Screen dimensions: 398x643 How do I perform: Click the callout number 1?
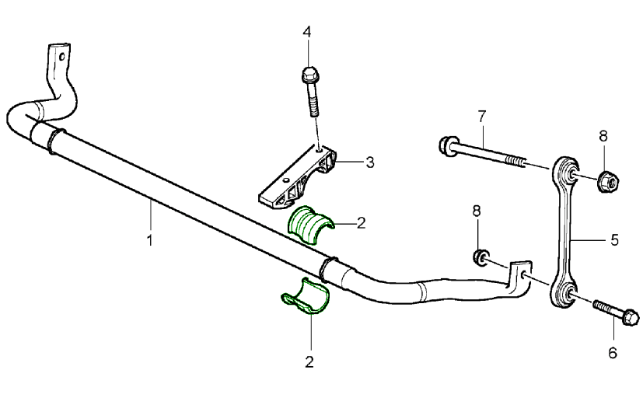pos(149,240)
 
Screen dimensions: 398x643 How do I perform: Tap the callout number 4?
pos(308,32)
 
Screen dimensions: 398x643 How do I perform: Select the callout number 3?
pos(370,162)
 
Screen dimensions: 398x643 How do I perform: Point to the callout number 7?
pos(482,116)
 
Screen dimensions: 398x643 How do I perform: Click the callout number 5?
pos(614,241)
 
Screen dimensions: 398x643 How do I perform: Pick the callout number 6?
pos(613,353)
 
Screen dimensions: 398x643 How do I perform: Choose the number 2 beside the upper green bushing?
pos(361,223)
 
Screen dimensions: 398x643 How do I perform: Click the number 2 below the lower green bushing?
pos(309,361)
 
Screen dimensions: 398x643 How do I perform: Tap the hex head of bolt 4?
pos(308,76)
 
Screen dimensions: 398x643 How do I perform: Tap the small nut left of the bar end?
pos(481,257)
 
